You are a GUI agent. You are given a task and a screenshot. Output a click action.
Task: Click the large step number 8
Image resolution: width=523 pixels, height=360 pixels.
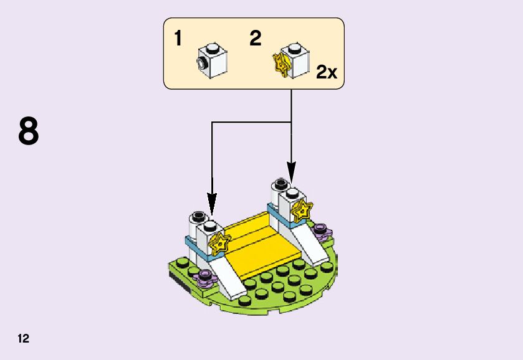coord(29,131)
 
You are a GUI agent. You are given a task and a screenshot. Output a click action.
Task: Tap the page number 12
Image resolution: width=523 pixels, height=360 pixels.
coord(24,339)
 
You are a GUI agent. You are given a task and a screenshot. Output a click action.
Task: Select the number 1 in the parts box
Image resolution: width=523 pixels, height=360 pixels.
coord(178,39)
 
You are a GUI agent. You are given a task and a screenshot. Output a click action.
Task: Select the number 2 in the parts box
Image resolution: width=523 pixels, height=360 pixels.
coord(255,39)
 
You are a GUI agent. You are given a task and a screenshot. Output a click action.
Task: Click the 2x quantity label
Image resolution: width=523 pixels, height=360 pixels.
coord(326,72)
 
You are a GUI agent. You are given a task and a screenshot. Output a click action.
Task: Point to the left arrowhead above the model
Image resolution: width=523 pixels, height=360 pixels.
coord(212,202)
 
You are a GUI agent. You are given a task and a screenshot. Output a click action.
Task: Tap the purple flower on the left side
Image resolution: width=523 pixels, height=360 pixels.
coord(204,278)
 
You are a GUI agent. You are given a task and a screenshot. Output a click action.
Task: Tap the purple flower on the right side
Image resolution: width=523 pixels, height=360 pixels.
coord(321,231)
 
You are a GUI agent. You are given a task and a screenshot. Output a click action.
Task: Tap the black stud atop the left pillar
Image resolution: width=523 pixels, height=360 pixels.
coord(198,216)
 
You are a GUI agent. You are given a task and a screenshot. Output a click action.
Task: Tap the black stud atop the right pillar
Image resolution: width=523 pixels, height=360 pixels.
coord(278,184)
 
